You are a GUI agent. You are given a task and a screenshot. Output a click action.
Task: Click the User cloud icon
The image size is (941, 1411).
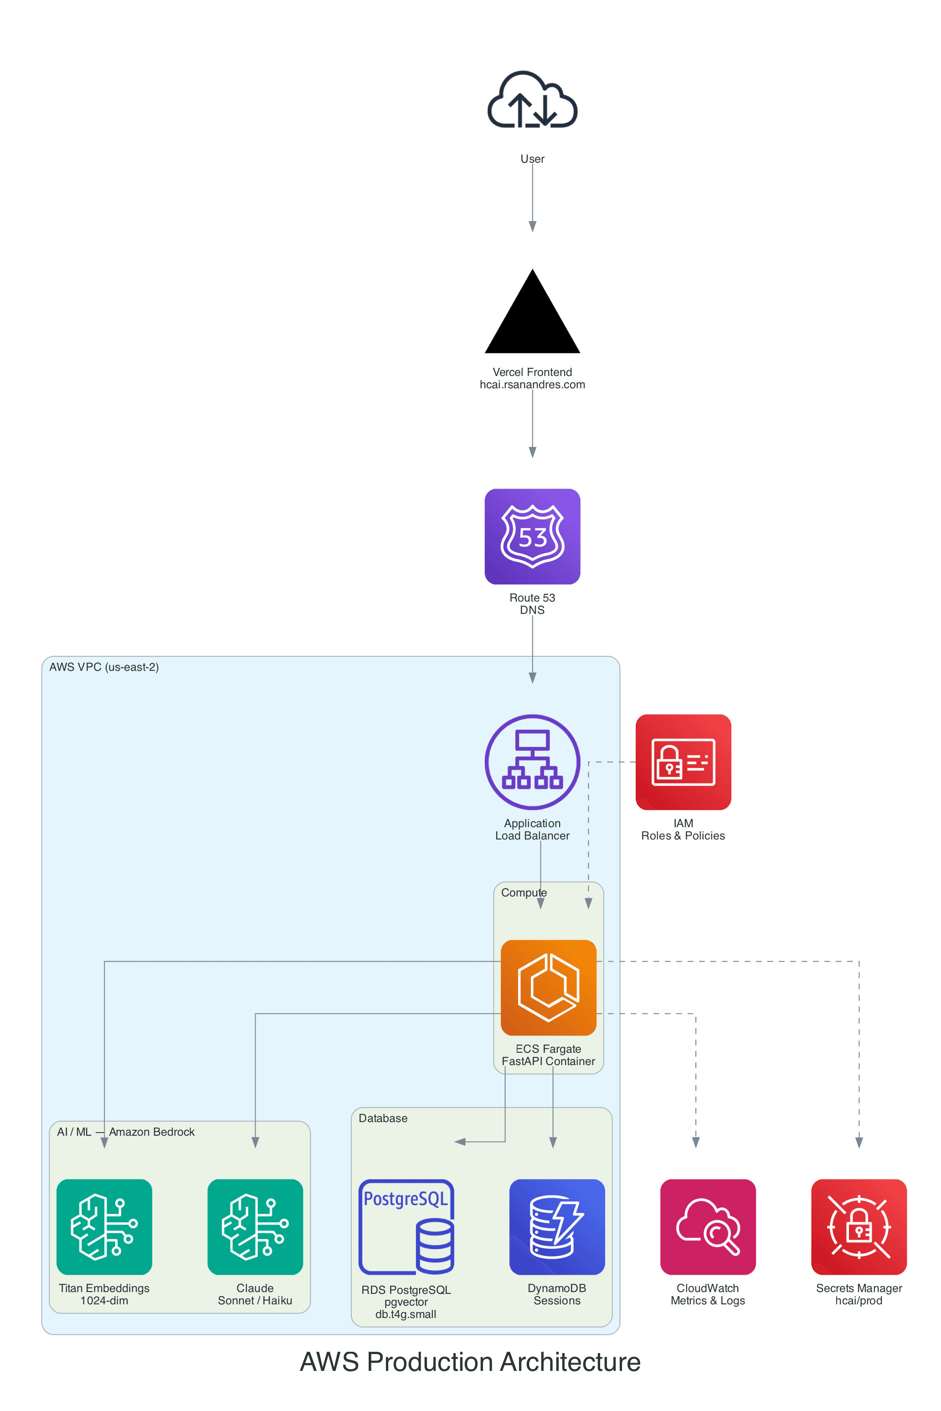click(x=532, y=101)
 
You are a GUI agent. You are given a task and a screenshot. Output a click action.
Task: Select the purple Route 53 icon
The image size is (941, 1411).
click(x=532, y=536)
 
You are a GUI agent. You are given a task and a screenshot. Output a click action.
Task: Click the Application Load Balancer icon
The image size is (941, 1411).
click(x=532, y=762)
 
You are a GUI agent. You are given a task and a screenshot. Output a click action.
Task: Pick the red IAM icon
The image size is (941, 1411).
click(x=683, y=762)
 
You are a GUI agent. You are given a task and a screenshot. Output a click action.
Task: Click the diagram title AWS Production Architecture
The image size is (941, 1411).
click(x=470, y=1362)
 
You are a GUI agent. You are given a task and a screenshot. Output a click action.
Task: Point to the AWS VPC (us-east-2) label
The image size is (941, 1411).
click(x=104, y=667)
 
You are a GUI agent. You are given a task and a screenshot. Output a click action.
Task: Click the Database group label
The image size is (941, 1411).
click(x=383, y=1118)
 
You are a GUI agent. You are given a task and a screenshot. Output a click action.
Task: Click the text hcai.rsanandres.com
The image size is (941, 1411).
click(x=532, y=385)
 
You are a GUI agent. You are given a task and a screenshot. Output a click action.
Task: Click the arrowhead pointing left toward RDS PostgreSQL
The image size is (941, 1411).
click(x=460, y=1142)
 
